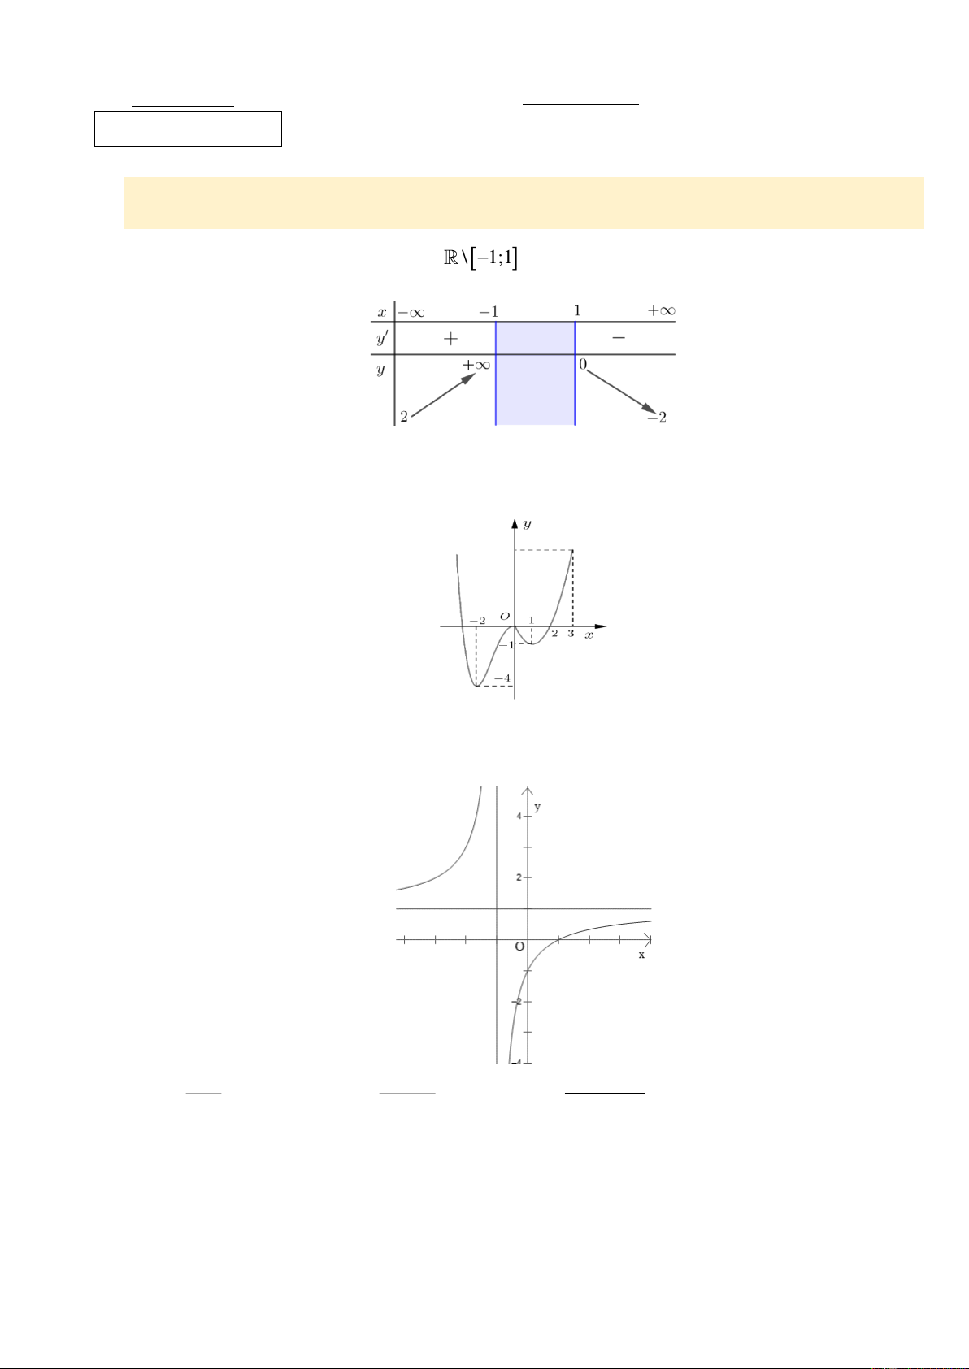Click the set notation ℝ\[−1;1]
(x=480, y=258)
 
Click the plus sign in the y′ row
(x=450, y=339)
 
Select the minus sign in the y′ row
(x=619, y=337)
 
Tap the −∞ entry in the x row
(x=411, y=313)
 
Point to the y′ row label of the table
(x=383, y=337)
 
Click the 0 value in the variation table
(x=583, y=364)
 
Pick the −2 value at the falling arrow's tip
(x=657, y=418)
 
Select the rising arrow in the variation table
(x=443, y=395)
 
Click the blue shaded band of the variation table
(x=535, y=373)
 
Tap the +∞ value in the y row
(x=476, y=366)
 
